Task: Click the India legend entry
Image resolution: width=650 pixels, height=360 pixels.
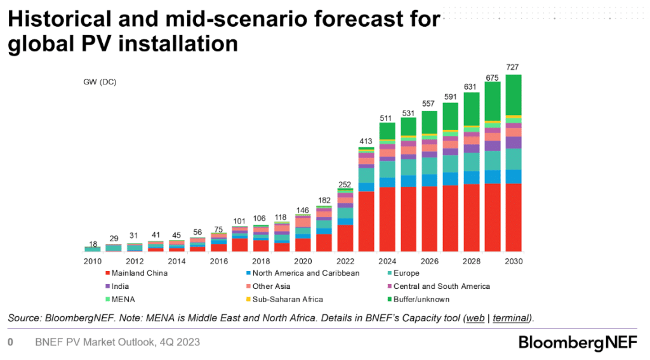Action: pyautogui.click(x=121, y=286)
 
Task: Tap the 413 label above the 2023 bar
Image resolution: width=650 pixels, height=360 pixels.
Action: pyautogui.click(x=366, y=140)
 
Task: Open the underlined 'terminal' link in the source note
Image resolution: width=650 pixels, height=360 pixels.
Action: pyautogui.click(x=512, y=317)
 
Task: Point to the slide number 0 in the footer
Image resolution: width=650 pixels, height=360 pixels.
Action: pyautogui.click(x=10, y=342)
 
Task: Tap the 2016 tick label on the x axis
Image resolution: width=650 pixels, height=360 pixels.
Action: pyautogui.click(x=219, y=262)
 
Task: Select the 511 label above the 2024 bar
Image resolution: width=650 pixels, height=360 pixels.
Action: pyautogui.click(x=387, y=118)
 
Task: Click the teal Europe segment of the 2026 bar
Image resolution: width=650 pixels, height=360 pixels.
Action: pyautogui.click(x=430, y=166)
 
